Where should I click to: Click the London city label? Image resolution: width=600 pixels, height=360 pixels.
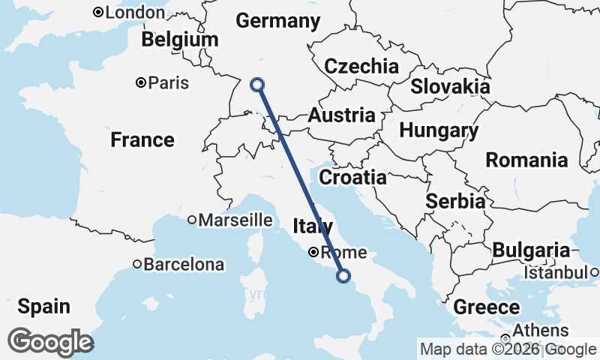point(135,13)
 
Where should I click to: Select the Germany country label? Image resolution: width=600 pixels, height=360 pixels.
point(277,21)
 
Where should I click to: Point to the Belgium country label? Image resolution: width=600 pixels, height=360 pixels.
point(180,40)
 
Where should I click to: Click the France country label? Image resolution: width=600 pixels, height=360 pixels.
point(142,139)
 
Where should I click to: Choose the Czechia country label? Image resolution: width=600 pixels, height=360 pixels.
point(361,66)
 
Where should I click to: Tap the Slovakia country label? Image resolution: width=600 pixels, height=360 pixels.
point(450,86)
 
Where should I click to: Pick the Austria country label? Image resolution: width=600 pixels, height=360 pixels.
point(341,115)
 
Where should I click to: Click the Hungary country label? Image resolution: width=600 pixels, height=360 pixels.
point(439,130)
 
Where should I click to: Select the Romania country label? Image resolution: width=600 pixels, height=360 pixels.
point(526,160)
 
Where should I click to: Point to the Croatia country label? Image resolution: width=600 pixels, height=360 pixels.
point(352,178)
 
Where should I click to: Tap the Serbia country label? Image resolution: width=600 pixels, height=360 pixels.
point(454,201)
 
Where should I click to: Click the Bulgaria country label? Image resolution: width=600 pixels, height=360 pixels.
point(532,250)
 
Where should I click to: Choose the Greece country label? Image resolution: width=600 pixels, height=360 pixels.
point(486,307)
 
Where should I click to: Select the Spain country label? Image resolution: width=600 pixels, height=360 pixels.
point(43,306)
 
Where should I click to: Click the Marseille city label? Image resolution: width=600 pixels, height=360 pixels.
point(234,220)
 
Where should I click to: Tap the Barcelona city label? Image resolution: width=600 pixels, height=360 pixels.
point(183,264)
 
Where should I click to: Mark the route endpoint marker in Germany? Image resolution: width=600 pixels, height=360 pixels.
point(257,84)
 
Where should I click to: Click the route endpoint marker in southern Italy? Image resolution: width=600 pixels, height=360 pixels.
point(343,276)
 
